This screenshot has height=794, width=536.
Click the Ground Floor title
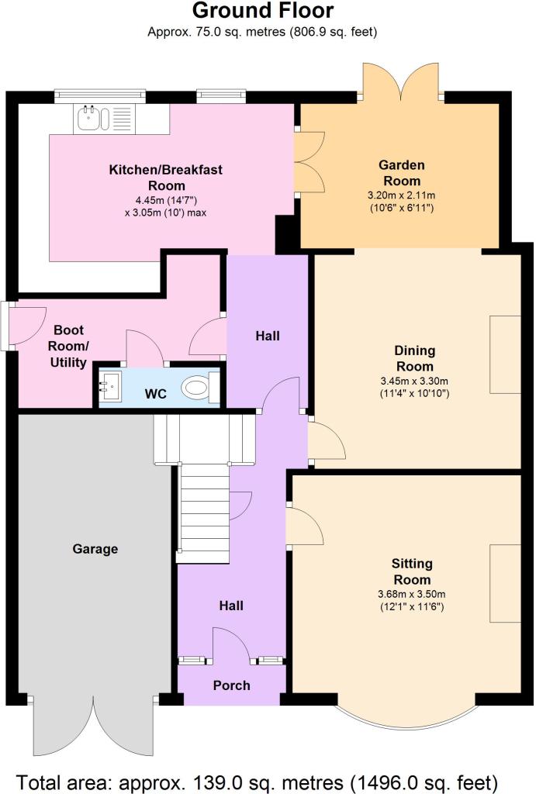pos(263,10)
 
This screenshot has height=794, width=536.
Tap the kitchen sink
pos(105,119)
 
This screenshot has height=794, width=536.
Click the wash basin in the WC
pos(110,388)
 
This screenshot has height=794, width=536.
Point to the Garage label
pos(95,549)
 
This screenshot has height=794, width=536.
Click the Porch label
pos(231,685)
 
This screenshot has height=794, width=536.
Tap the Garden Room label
pos(402,173)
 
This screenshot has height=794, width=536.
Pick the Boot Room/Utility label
pos(68,347)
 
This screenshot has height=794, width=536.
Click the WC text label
pos(156,394)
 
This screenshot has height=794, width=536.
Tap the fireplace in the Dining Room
pos(505,354)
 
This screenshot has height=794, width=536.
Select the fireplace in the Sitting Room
pos(505,583)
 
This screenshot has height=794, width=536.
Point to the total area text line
pos(257,782)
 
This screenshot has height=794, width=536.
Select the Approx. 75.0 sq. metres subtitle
pos(262,32)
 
